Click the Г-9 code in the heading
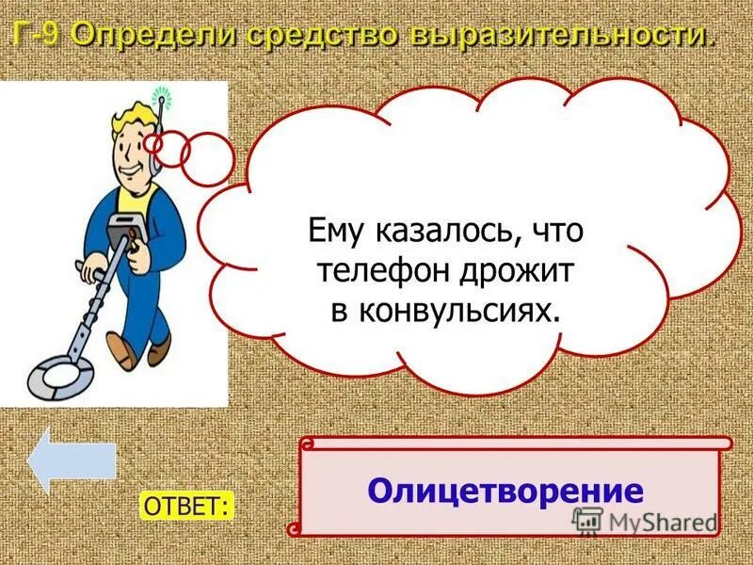(x=37, y=37)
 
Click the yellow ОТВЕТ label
(x=186, y=506)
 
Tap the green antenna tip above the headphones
(x=160, y=94)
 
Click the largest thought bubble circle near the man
(x=207, y=158)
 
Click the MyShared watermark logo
(x=644, y=521)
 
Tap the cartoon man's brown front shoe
(x=160, y=353)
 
